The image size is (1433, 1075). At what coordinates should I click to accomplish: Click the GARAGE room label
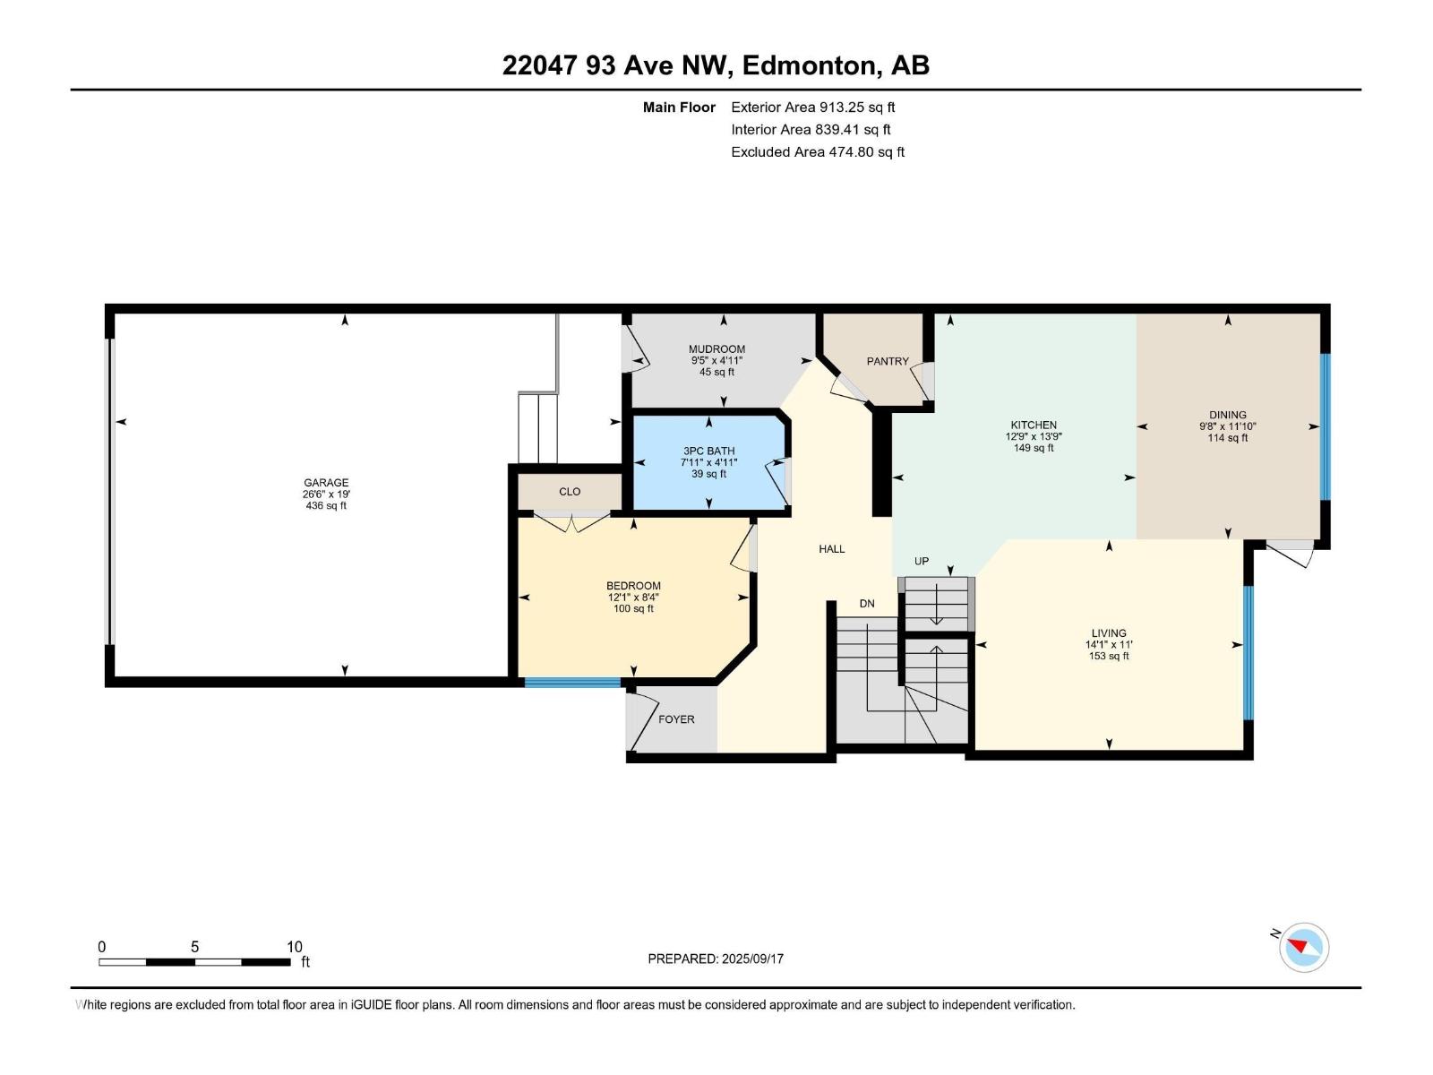coord(326,483)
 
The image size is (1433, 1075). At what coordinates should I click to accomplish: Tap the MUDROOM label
coord(716,349)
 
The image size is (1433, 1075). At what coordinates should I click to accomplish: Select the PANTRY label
coord(888,361)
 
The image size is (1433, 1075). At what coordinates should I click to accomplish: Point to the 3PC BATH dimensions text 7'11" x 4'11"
coord(709,462)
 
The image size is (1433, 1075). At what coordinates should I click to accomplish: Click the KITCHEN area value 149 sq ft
coord(1034,448)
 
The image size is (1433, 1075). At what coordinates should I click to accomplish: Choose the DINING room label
coord(1227,415)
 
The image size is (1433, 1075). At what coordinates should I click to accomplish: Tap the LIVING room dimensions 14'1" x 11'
coord(1109,644)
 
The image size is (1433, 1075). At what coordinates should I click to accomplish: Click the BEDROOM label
coord(633,586)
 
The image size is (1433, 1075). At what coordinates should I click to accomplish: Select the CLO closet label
coord(570,492)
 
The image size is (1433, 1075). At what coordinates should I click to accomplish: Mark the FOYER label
coord(676,719)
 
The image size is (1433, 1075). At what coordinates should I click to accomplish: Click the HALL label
coord(832,549)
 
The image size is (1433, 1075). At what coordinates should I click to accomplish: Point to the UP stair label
coord(922,561)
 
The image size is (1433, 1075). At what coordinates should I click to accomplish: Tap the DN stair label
coord(867,604)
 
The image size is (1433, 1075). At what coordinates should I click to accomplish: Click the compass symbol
coord(1304,947)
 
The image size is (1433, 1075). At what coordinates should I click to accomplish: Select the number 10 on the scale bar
coord(295,946)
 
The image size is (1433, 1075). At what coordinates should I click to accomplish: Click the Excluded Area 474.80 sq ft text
coord(818,152)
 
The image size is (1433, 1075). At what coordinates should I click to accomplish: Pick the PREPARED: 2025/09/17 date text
coord(716,959)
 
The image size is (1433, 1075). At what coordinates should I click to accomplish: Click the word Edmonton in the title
coord(808,65)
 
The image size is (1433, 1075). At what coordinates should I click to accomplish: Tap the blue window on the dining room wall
coord(1326,427)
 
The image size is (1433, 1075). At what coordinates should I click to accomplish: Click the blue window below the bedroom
coord(572,683)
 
